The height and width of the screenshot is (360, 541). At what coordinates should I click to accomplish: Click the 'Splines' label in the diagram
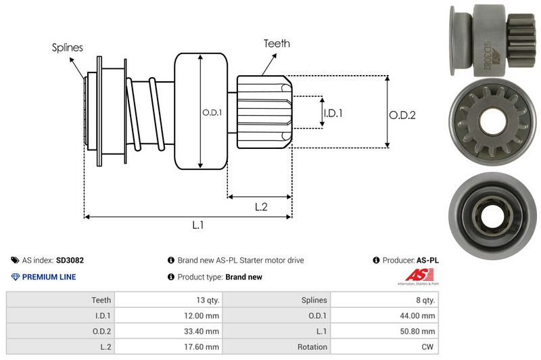coord(67,47)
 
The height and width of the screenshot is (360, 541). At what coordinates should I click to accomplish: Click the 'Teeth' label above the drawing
coord(277,43)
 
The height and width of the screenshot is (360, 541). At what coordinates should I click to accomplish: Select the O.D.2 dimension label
coord(402,115)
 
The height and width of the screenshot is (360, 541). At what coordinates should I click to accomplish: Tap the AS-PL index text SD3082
coord(70,260)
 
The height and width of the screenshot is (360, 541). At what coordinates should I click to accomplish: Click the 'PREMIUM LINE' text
coord(49,277)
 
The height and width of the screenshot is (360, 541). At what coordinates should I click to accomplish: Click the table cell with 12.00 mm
coord(202,315)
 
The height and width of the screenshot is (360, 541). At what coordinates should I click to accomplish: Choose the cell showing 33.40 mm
coord(202,332)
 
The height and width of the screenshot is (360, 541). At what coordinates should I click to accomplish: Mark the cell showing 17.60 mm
coord(202,347)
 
